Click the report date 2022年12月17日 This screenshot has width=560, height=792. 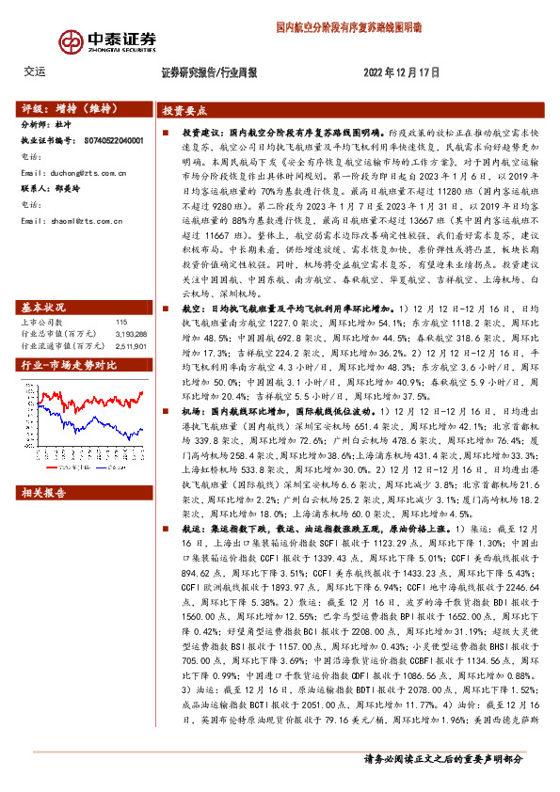(x=401, y=72)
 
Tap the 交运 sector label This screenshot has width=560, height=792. (x=34, y=71)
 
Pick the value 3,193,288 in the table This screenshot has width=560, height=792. (x=130, y=308)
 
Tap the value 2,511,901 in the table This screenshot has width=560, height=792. (x=130, y=319)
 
